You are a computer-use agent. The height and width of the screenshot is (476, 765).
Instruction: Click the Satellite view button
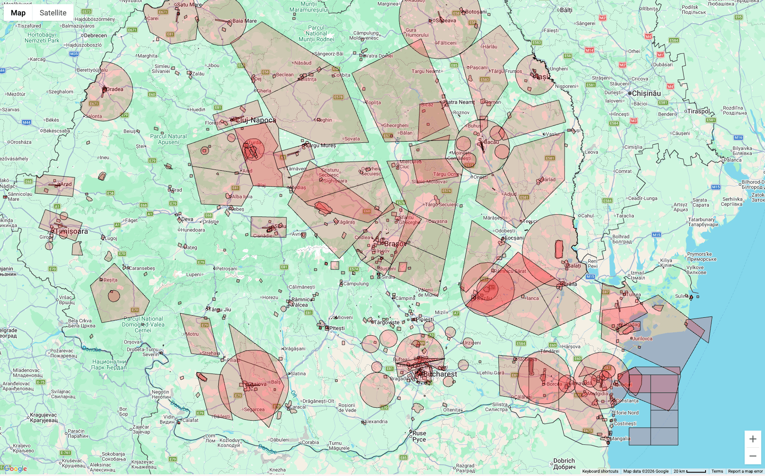point(53,13)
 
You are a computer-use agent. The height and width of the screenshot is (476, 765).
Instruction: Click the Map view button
point(18,13)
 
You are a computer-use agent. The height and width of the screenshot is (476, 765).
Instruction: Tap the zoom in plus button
point(753,439)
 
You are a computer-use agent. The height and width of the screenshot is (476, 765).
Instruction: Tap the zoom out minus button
point(753,456)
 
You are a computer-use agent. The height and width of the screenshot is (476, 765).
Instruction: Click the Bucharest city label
point(440,374)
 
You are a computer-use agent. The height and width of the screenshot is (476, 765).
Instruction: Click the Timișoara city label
point(72,231)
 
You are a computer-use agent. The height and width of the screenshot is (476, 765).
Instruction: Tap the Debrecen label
point(95,35)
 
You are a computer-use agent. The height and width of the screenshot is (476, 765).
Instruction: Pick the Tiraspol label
point(698,111)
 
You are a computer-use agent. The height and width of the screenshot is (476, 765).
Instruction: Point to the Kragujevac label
point(44,417)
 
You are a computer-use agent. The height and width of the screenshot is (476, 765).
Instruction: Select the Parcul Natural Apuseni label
point(168,139)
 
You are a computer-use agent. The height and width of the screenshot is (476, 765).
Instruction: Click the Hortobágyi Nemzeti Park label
point(42,37)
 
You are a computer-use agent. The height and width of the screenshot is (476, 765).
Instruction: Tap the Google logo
point(15,469)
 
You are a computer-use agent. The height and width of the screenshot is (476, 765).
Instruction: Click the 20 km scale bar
point(690,471)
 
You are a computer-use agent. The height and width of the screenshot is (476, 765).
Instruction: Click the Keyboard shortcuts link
point(600,471)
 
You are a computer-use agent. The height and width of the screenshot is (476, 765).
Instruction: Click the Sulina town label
point(682,296)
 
